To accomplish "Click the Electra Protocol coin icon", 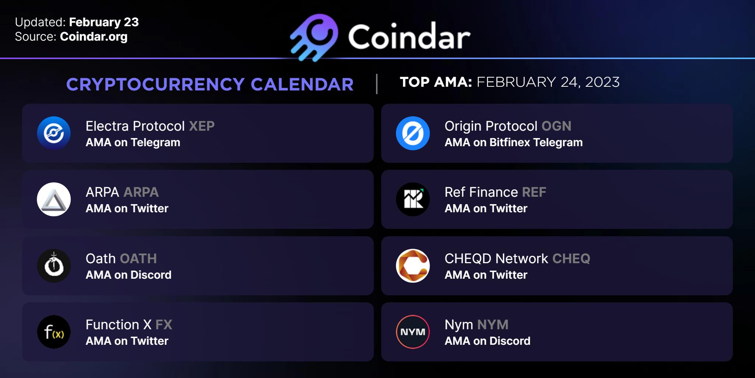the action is (54, 133).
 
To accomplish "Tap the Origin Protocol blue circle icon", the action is (413, 133).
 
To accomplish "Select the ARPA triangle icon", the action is (54, 199).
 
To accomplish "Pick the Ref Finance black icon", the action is (413, 199).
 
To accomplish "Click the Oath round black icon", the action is (54, 266).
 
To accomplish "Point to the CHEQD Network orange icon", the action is (413, 266).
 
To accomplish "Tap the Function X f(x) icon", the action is (54, 332).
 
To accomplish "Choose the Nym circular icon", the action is (413, 332).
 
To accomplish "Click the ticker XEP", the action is (202, 126).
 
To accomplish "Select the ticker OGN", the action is (556, 126).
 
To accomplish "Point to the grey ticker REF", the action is (534, 192).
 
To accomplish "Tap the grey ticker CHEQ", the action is (571, 259).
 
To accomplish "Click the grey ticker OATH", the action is (139, 259).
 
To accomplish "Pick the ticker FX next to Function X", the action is (164, 325).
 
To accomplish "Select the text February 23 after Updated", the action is (104, 22).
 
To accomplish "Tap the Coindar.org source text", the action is (94, 37).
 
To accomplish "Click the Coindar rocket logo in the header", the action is (314, 37).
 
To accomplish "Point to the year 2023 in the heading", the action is (602, 82).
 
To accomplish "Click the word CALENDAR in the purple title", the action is (302, 85).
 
